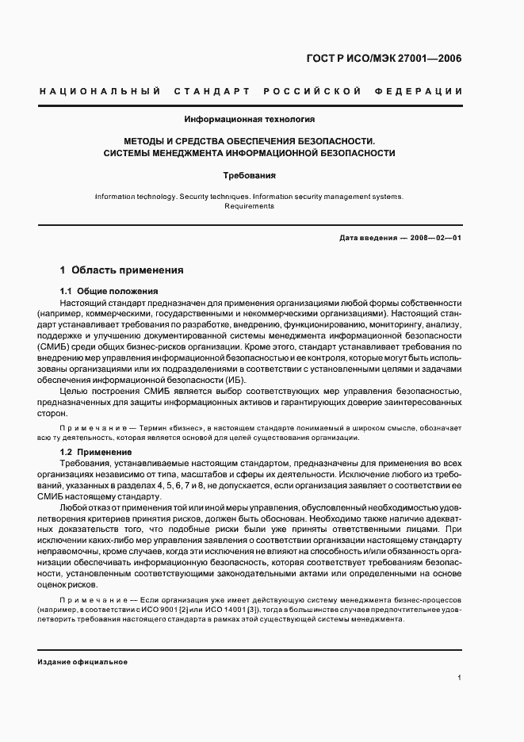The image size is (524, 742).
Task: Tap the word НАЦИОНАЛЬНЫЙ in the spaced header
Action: tap(100, 93)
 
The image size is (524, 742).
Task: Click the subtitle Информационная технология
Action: tap(250, 120)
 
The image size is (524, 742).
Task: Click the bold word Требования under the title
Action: tap(250, 174)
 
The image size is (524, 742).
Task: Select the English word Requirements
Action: tap(250, 205)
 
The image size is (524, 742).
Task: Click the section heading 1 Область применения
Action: tap(122, 270)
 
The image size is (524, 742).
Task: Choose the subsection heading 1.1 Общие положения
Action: tap(109, 291)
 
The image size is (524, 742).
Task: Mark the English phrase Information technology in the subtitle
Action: tap(131, 196)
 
